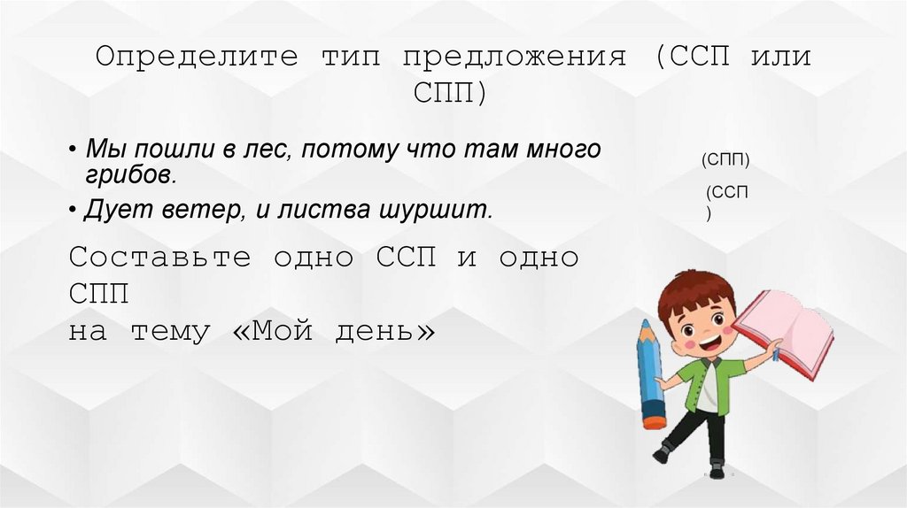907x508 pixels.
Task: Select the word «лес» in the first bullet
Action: pyautogui.click(x=264, y=150)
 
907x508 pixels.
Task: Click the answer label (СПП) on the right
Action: pyautogui.click(x=725, y=159)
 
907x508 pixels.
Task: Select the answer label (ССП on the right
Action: pyautogui.click(x=727, y=192)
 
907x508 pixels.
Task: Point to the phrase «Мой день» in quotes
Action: pyautogui.click(x=345, y=332)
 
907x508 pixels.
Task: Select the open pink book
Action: pyautogui.click(x=786, y=330)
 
